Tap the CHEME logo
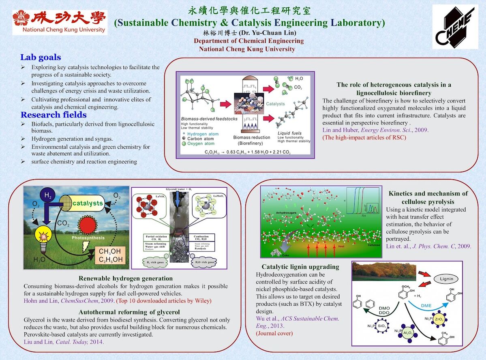pyautogui.click(x=455, y=27)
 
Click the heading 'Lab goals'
pyautogui.click(x=41, y=58)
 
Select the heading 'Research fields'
pyautogui.click(x=54, y=115)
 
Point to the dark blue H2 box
pyautogui.click(x=48, y=196)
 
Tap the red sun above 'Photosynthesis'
pyautogui.click(x=88, y=225)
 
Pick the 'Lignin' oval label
pyautogui.click(x=446, y=279)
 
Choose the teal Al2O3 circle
pyautogui.click(x=406, y=333)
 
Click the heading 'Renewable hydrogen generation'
pyautogui.click(x=126, y=279)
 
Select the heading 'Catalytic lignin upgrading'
pyautogui.click(x=300, y=267)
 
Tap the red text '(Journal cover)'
pyautogui.click(x=274, y=333)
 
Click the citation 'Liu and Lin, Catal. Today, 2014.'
pyautogui.click(x=64, y=342)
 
